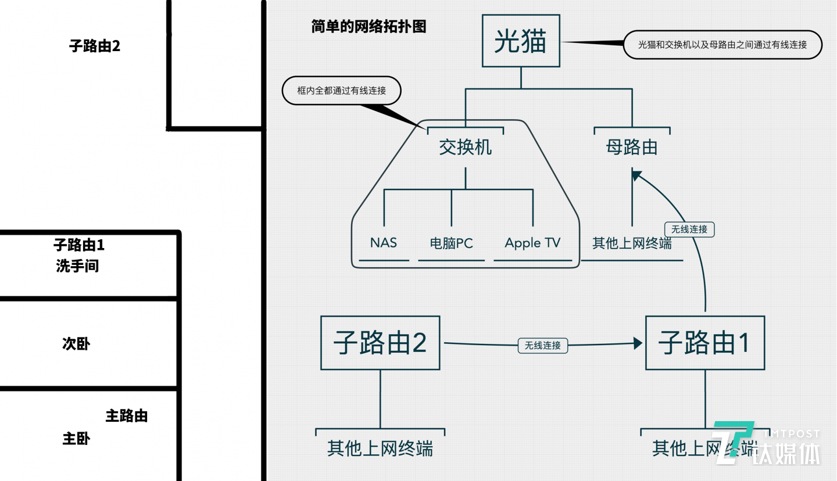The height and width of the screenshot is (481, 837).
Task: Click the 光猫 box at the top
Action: [521, 41]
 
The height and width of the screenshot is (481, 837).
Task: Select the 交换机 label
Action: [465, 148]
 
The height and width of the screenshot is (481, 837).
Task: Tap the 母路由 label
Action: [632, 148]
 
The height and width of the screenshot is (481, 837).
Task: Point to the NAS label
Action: [384, 242]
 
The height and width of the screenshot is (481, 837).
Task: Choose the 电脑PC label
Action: [451, 243]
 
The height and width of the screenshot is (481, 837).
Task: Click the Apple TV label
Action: [532, 243]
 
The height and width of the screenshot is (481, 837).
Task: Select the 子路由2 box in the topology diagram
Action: [380, 343]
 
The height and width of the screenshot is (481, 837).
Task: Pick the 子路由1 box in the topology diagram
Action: [704, 343]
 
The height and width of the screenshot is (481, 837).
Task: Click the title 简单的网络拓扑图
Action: [369, 27]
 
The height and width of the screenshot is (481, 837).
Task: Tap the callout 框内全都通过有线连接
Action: [342, 91]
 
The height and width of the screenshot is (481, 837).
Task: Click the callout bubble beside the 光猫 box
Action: [722, 45]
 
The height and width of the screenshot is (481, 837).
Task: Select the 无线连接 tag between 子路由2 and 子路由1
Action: [542, 345]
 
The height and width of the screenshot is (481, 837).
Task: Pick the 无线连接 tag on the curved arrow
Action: [689, 229]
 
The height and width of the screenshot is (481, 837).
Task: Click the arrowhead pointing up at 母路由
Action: [636, 175]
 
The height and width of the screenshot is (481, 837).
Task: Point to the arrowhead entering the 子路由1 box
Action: [638, 343]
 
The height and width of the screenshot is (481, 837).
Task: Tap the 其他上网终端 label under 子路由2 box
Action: [380, 448]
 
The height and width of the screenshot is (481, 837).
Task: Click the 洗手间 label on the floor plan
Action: [77, 266]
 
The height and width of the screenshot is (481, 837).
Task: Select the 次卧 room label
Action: [76, 344]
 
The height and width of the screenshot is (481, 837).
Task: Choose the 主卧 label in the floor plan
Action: [76, 439]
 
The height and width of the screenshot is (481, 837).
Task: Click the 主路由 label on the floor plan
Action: [126, 416]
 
